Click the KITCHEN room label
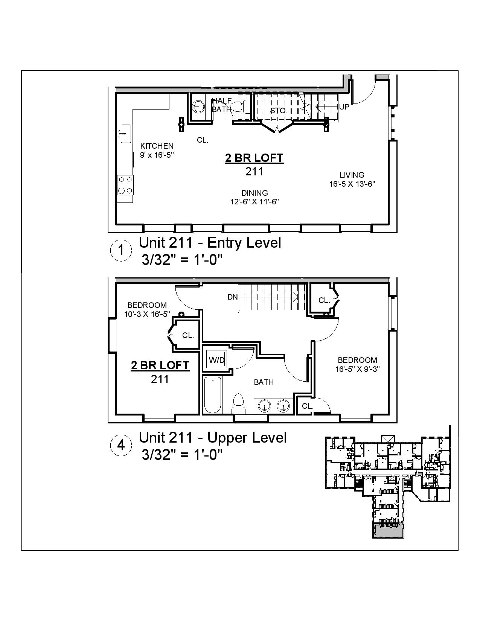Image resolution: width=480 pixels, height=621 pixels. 157,146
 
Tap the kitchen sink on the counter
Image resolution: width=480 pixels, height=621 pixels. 125,134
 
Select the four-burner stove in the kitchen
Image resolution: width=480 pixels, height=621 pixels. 125,185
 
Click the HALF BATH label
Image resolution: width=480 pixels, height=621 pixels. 221,105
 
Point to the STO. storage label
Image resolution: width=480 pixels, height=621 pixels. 279,111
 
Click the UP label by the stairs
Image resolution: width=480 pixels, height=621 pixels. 344,107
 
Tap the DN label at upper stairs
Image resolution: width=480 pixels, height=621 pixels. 233,297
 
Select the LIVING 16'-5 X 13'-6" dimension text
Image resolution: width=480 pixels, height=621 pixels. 352,184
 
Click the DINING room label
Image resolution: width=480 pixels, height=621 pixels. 255,193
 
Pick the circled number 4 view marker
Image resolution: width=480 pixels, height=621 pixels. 121,446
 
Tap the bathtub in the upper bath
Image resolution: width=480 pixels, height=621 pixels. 213,395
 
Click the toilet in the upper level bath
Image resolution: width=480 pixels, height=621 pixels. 238,403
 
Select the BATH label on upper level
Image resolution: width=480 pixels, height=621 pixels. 264,382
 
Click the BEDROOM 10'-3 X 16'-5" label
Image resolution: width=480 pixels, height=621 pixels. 147,309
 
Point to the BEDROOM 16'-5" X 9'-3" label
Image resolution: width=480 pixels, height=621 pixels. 357,364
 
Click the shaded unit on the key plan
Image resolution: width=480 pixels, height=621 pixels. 388,530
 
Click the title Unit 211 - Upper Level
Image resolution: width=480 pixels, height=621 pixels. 213,438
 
